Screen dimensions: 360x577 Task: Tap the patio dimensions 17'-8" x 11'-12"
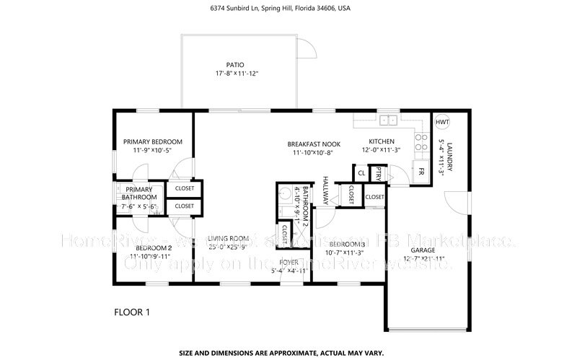click(x=236, y=74)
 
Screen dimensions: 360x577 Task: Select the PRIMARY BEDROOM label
click(x=152, y=141)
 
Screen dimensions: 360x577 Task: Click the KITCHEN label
click(x=382, y=141)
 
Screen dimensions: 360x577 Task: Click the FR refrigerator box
click(x=420, y=172)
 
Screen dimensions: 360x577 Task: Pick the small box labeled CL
click(x=361, y=172)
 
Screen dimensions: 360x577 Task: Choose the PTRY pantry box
click(x=376, y=172)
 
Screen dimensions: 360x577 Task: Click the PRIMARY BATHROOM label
click(x=138, y=193)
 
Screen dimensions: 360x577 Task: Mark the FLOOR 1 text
click(x=132, y=312)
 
